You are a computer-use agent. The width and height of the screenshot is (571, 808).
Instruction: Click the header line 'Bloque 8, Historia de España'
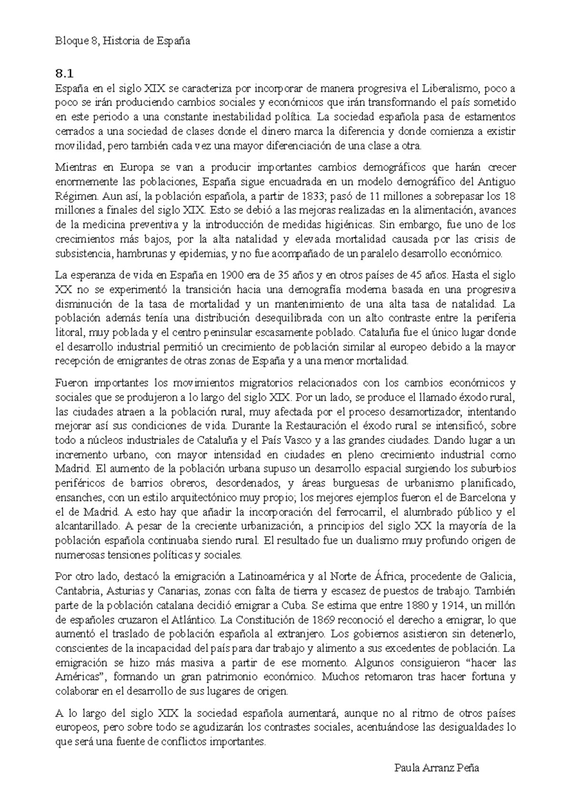(122, 41)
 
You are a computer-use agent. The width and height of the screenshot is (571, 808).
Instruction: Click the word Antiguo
(497, 182)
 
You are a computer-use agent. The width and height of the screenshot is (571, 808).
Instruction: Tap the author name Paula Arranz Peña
(436, 768)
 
